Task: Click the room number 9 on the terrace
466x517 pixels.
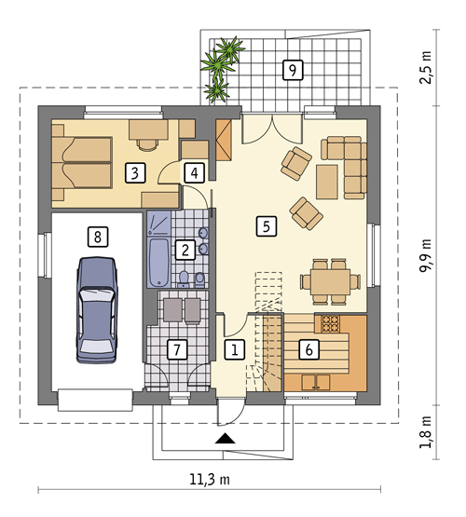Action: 293,70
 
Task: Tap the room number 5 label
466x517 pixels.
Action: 267,226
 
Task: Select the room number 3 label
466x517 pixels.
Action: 135,173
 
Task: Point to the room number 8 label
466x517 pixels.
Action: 97,237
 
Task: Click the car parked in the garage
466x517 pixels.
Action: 97,310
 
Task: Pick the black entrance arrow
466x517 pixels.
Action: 225,438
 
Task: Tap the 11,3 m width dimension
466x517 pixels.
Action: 210,480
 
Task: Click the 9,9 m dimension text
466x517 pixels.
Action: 425,255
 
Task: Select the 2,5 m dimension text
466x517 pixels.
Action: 425,68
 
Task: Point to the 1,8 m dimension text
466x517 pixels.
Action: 425,432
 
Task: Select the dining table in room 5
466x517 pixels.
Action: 330,282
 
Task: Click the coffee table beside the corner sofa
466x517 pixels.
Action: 327,182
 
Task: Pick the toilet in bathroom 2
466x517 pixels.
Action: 184,279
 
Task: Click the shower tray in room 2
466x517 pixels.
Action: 159,223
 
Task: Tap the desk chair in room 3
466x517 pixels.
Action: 147,144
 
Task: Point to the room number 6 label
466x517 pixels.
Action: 309,349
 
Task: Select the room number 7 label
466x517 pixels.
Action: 177,349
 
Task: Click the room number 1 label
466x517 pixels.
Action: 235,349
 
